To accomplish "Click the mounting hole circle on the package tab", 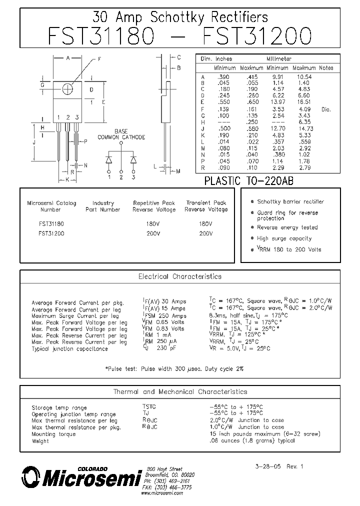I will point(68,88).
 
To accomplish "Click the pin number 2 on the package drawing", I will point(67,117).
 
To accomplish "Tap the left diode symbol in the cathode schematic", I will point(109,159).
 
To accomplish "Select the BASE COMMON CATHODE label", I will point(121,134).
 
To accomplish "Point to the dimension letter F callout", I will point(99,59).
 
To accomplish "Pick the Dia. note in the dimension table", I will point(326,109).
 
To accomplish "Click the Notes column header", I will point(326,68).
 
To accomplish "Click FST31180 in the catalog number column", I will point(51,224).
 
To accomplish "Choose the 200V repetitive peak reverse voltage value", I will point(154,233).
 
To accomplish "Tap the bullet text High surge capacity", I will point(284,239).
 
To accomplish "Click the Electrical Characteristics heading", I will point(179,276).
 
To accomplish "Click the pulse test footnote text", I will point(174,368).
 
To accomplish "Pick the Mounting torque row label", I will point(53,434).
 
